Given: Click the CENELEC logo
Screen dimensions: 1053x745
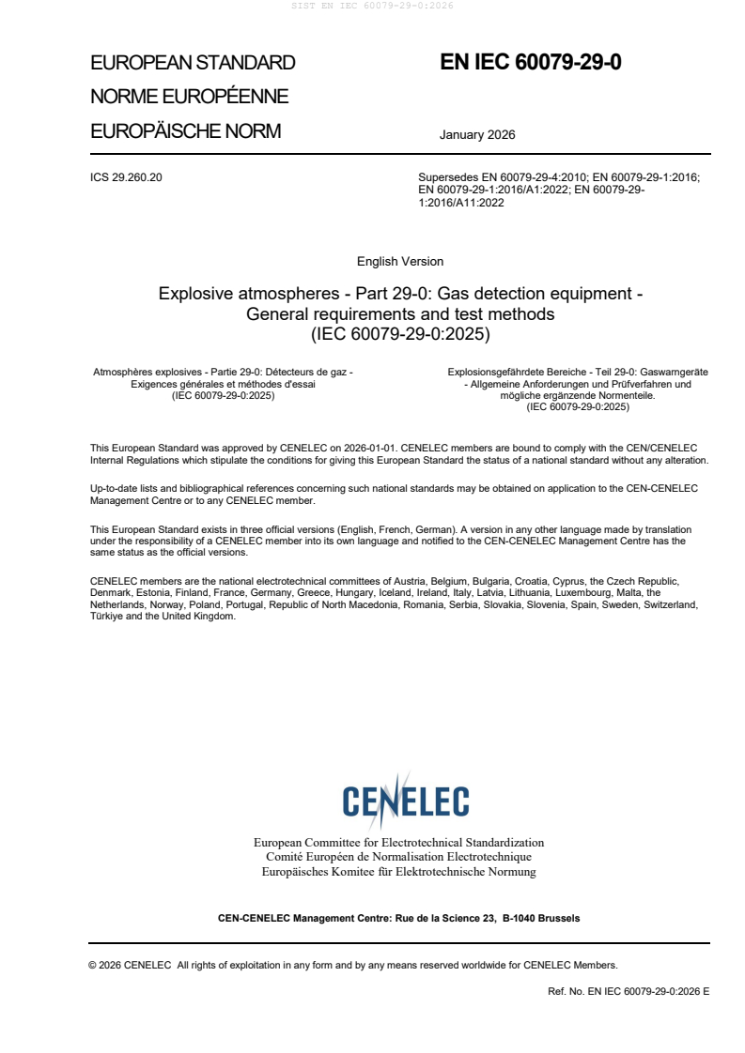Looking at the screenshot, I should pyautogui.click(x=406, y=801).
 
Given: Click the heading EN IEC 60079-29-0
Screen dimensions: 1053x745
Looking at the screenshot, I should pyautogui.click(x=531, y=63).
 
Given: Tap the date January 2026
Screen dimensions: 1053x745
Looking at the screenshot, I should pyautogui.click(x=477, y=135).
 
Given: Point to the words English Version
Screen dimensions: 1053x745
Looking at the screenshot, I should pyautogui.click(x=400, y=262).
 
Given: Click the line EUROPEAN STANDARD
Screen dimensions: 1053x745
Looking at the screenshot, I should pyautogui.click(x=193, y=63).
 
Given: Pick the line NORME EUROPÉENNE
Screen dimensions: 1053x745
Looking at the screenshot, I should pyautogui.click(x=189, y=97).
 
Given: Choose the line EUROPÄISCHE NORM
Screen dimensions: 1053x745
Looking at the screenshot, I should pyautogui.click(x=185, y=131).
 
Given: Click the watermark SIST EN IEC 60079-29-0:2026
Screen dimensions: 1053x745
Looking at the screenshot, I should pyautogui.click(x=373, y=6).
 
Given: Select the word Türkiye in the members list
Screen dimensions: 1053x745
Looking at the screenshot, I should pyautogui.click(x=108, y=617).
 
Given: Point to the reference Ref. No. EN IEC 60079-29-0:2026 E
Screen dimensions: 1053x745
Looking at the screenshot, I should pyautogui.click(x=629, y=991).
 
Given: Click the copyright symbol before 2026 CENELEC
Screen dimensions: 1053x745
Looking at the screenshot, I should pyautogui.click(x=93, y=965).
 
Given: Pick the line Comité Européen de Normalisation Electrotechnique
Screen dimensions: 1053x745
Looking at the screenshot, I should pyautogui.click(x=398, y=857).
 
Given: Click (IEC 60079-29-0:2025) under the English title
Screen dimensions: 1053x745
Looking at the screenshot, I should pyautogui.click(x=400, y=333).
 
